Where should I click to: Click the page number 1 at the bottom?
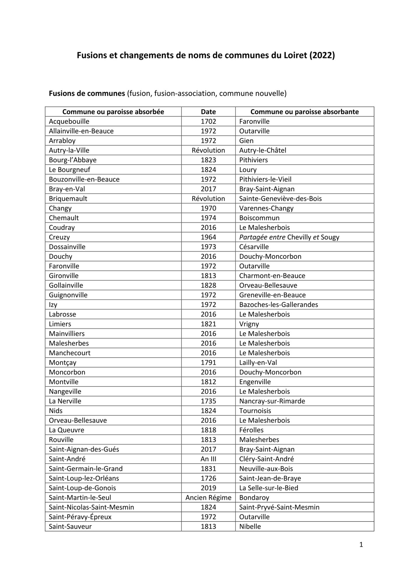(x=361, y=545)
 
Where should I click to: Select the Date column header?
(x=208, y=112)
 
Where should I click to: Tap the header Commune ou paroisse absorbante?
(x=304, y=112)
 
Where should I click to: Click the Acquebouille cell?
(x=69, y=121)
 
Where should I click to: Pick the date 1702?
(x=208, y=121)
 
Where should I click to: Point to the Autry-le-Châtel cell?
(x=262, y=150)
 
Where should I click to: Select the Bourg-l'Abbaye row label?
(x=73, y=160)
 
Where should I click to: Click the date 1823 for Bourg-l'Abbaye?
(x=208, y=160)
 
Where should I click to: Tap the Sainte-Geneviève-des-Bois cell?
(x=280, y=199)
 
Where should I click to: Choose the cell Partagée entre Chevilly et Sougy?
(x=289, y=237)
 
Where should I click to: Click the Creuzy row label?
(x=59, y=237)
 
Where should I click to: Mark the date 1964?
(x=208, y=237)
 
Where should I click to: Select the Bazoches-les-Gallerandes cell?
(x=278, y=304)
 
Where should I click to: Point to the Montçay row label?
(x=62, y=362)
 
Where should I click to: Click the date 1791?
(x=208, y=362)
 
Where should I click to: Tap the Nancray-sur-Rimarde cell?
(x=272, y=401)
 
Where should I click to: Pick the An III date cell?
(x=208, y=459)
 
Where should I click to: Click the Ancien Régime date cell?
(x=208, y=497)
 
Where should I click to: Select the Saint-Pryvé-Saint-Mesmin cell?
(x=279, y=507)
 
